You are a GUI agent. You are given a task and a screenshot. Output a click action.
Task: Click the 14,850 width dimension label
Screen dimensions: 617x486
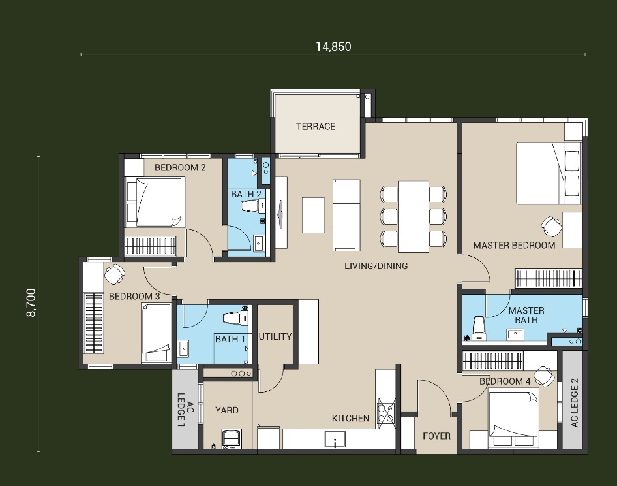pos(333,47)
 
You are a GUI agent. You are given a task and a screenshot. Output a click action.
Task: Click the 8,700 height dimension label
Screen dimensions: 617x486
pos(31,302)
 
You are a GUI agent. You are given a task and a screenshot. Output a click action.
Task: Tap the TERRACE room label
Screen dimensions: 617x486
pos(316,127)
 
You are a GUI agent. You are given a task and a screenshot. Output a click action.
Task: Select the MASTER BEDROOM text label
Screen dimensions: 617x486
pos(514,245)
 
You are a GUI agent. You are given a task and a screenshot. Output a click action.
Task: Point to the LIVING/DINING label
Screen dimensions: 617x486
pos(376,266)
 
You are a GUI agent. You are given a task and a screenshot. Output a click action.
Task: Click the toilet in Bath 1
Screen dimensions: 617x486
pos(235,319)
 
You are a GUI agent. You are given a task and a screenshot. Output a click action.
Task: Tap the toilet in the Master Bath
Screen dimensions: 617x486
pos(479,328)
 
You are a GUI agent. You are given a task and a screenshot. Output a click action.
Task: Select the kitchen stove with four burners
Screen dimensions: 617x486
pos(386,411)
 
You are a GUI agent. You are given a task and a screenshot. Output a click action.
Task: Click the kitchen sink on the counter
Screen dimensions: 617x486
pos(335,439)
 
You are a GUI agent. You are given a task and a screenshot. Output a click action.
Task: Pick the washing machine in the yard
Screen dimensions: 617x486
pos(231,439)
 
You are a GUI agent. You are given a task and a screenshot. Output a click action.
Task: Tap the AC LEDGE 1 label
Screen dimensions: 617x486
pos(185,410)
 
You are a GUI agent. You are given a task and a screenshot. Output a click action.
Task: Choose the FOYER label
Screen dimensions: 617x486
pos(436,436)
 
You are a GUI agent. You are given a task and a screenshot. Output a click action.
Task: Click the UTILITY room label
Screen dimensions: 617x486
pos(275,336)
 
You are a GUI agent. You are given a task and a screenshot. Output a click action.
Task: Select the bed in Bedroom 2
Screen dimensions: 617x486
pos(155,202)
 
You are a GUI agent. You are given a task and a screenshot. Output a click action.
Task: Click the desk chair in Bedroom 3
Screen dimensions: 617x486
pos(115,274)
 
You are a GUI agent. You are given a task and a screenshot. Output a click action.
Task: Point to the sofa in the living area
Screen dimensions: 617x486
pos(346,215)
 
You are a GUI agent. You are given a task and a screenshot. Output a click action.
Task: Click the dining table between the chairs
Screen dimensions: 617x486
pos(413,216)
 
